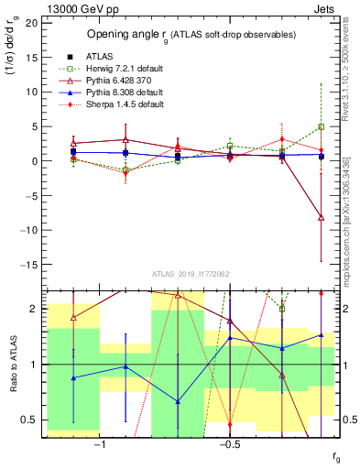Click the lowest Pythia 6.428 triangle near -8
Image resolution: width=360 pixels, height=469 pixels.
click(321, 217)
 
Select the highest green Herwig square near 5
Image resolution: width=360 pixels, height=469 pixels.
click(321, 126)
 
